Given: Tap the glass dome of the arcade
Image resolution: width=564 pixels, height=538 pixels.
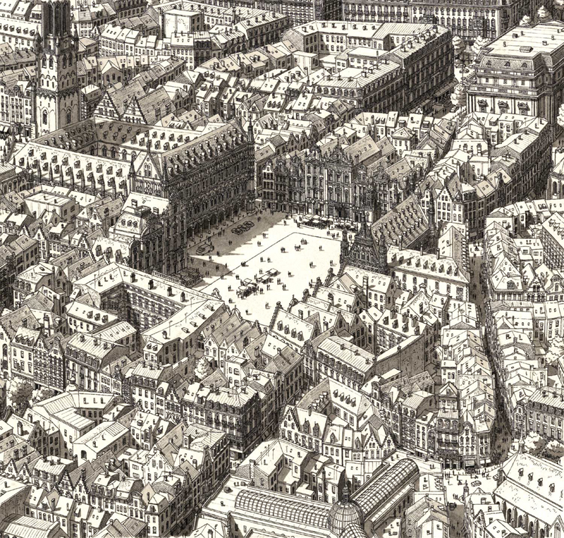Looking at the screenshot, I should click(346, 515).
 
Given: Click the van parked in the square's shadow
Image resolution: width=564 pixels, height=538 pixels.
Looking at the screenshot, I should click(204, 249).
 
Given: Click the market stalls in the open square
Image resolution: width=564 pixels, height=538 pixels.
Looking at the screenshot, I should click(257, 279).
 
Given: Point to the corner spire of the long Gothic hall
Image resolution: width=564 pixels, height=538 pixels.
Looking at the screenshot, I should click(250, 134).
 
